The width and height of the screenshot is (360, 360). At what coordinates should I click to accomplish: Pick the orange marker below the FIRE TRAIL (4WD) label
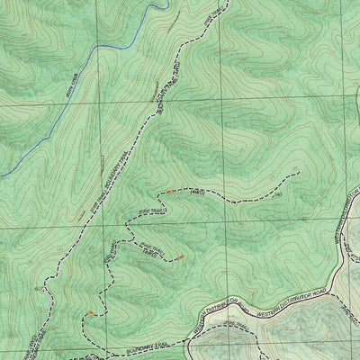point(180,258)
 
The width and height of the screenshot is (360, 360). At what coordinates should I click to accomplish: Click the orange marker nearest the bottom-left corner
point(90,313)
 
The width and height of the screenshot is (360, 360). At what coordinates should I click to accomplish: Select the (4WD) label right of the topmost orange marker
point(200,191)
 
